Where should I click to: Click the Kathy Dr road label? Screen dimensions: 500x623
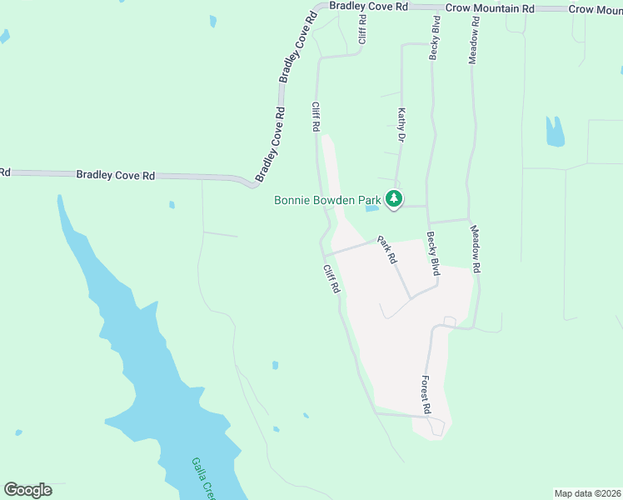pyautogui.click(x=401, y=125)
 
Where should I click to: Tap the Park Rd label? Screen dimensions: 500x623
pyautogui.click(x=386, y=250)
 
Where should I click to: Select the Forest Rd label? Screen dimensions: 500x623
pyautogui.click(x=425, y=395)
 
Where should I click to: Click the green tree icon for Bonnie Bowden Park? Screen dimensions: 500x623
pyautogui.click(x=394, y=199)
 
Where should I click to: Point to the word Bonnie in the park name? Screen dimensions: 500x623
pyautogui.click(x=292, y=200)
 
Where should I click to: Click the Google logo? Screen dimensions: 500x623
pyautogui.click(x=27, y=490)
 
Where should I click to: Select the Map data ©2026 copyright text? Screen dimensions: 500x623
pyautogui.click(x=587, y=493)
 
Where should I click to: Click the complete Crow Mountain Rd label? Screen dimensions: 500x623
pyautogui.click(x=489, y=7)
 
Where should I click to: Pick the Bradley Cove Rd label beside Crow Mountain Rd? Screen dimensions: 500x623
pyautogui.click(x=367, y=6)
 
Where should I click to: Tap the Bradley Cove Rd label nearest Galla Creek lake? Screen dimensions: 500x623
pyautogui.click(x=116, y=175)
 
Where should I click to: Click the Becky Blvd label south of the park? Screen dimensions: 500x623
pyautogui.click(x=434, y=254)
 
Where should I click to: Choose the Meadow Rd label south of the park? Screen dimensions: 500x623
pyautogui.click(x=476, y=250)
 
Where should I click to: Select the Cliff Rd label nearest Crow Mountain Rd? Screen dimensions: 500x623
pyautogui.click(x=362, y=28)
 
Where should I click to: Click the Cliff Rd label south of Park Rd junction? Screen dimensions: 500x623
pyautogui.click(x=332, y=277)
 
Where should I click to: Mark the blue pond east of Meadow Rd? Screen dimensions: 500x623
pyautogui.click(x=554, y=132)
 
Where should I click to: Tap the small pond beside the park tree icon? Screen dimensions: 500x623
pyautogui.click(x=372, y=207)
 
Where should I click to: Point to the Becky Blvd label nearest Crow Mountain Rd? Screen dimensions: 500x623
pyautogui.click(x=434, y=37)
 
